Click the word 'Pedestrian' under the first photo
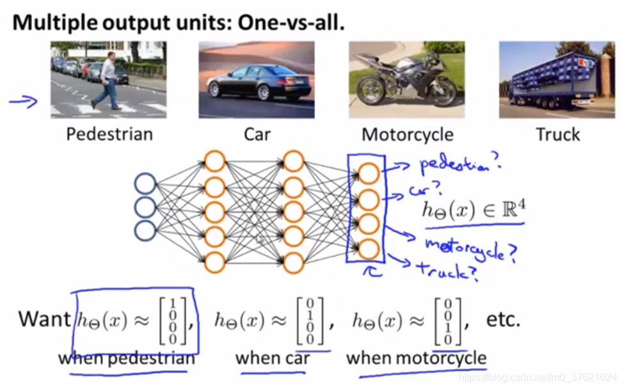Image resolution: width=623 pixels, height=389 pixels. coord(109,134)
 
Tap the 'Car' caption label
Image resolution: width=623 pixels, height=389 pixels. coord(257,134)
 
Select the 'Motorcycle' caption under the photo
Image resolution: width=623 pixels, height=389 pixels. coord(407,134)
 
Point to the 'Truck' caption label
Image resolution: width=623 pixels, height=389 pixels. coord(558,134)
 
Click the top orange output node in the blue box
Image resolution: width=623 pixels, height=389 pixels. coord(369,173)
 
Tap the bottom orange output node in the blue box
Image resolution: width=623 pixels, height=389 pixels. coord(369,248)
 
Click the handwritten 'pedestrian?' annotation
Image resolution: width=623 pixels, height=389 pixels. coord(458,164)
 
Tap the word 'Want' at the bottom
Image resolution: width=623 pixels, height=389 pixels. coord(44,319)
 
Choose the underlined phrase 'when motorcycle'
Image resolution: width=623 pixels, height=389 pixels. coord(416,358)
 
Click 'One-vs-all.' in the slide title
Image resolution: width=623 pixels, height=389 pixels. coord(291,23)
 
